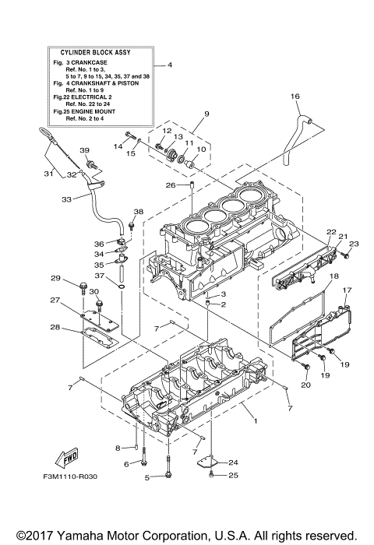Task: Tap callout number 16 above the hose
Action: (295, 96)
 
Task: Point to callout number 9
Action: (206, 114)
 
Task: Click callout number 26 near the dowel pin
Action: (171, 185)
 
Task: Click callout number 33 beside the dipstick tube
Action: (66, 200)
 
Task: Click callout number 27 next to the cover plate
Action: (55, 300)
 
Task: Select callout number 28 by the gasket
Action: (55, 327)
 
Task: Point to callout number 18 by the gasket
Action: (333, 276)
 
